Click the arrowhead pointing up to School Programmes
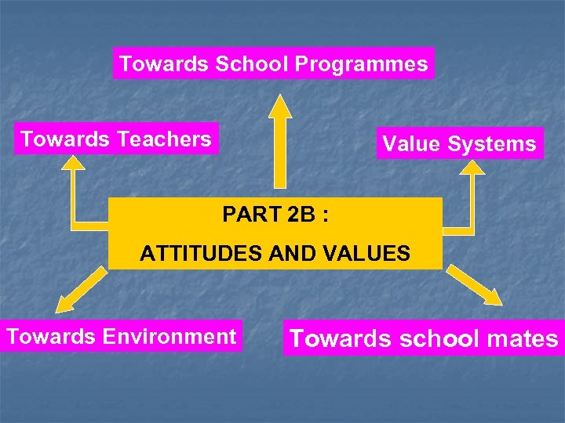(x=279, y=106)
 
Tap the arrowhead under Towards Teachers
(x=74, y=162)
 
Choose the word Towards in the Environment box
(x=49, y=337)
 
